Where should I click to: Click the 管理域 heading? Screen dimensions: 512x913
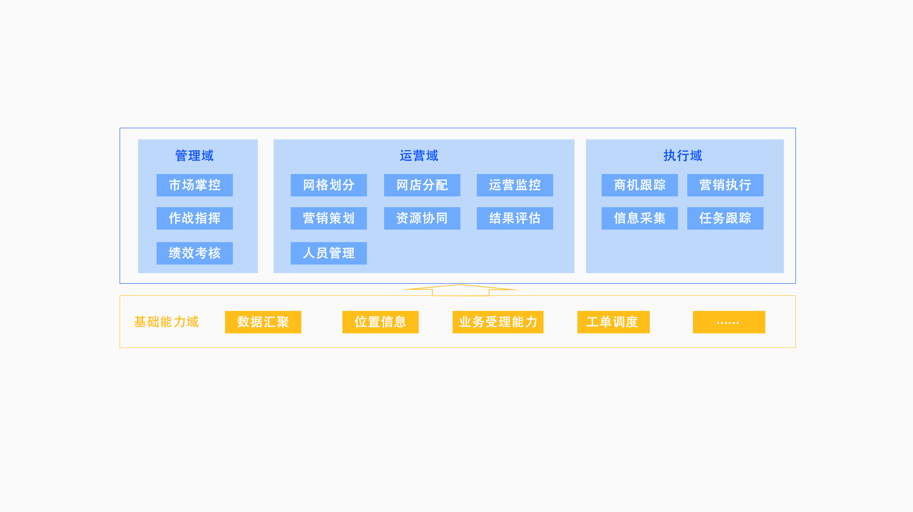click(194, 156)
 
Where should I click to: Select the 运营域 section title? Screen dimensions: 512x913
click(419, 156)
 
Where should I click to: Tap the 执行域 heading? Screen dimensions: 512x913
click(683, 156)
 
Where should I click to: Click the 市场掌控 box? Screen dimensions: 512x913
click(195, 185)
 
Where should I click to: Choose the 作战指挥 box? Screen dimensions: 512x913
click(195, 218)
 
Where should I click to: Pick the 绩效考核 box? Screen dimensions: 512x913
click(195, 253)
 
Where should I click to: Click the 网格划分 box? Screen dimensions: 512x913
click(329, 185)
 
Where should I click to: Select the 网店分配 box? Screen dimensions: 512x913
click(422, 185)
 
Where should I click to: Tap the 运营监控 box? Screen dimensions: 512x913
click(515, 185)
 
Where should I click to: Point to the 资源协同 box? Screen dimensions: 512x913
click(422, 218)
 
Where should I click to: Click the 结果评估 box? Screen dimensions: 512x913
click(515, 218)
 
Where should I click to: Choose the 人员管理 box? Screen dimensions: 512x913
click(329, 253)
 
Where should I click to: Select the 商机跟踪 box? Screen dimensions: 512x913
click(640, 185)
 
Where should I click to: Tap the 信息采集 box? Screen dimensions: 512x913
click(640, 218)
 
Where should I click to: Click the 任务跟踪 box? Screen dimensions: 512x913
click(725, 218)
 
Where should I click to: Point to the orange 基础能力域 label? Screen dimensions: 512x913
click(166, 322)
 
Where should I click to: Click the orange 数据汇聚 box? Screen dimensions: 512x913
click(263, 322)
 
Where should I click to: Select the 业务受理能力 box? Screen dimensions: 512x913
click(498, 322)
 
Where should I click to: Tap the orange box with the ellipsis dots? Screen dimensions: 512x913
click(729, 322)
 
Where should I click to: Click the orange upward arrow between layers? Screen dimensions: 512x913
click(461, 290)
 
